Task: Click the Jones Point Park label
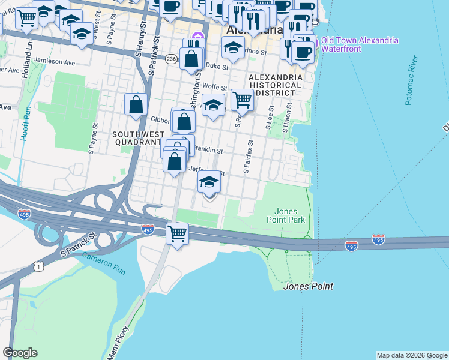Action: [286, 215]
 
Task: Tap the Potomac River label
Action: [411, 80]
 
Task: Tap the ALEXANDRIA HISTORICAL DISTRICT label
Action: [275, 85]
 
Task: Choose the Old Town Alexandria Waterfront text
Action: [359, 44]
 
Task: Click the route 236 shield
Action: [172, 59]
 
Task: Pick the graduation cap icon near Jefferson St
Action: [209, 181]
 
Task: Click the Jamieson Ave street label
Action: [55, 62]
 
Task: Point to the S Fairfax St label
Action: [248, 157]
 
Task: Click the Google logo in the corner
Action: [20, 352]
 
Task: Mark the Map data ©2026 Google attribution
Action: [412, 355]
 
